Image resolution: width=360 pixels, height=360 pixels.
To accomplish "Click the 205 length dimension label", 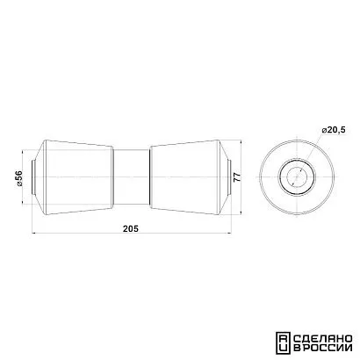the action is (x=131, y=228).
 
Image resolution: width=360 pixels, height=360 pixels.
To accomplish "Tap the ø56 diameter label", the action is (x=19, y=178).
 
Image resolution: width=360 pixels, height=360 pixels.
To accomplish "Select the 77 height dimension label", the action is (x=237, y=177).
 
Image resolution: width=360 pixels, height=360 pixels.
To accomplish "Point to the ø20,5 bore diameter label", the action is (x=334, y=130).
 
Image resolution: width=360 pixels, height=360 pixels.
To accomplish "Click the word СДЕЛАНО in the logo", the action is (x=322, y=339).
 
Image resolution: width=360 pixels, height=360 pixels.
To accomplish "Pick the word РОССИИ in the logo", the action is (x=326, y=348).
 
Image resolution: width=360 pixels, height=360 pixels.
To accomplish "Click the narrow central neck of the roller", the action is (x=132, y=177).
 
